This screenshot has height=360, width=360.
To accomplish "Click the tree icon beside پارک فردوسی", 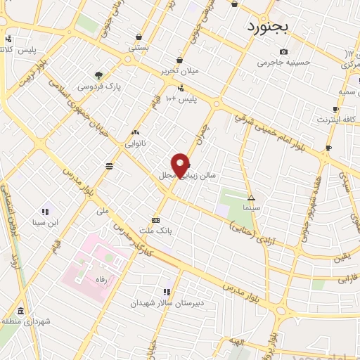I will coord(98,75).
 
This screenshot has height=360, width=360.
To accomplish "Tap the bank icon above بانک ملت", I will coord(155,219).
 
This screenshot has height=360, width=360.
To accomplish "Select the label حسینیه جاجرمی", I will coord(283,63).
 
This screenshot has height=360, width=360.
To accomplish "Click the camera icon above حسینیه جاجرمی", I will coord(283,52).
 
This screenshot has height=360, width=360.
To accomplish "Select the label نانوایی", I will coord(136,143).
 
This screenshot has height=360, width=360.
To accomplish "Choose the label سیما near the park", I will coord(251,208).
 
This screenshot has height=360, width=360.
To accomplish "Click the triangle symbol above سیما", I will coord(251,197).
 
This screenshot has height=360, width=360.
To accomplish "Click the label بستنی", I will coord(138,48).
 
